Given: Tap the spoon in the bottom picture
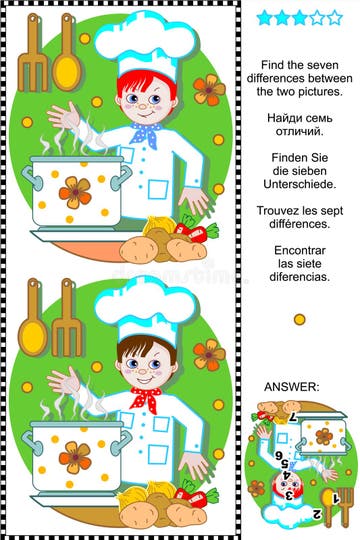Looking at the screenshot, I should pyautogui.click(x=32, y=318).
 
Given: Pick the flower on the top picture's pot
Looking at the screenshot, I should pyautogui.click(x=74, y=191).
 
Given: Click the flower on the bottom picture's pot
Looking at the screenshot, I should pyautogui.click(x=74, y=456).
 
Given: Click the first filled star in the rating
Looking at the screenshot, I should pyautogui.click(x=265, y=17).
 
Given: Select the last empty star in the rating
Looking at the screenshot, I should pyautogui.click(x=334, y=17).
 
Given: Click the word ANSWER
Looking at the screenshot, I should pyautogui.click(x=292, y=386).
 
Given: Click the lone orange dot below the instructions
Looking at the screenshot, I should pyautogui.click(x=299, y=319).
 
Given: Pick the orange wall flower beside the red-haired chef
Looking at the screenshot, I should pyautogui.click(x=209, y=88).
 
